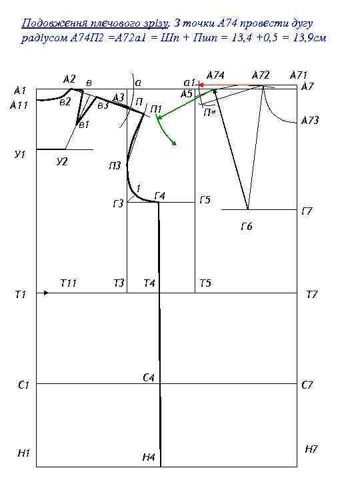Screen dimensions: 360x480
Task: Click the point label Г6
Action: click(247, 227)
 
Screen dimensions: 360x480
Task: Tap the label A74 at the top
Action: click(215, 75)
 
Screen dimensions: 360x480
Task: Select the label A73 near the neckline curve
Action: click(310, 120)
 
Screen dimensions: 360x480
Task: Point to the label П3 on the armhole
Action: click(115, 165)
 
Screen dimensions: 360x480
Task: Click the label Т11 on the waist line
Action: click(68, 283)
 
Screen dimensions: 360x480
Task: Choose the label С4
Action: click(149, 378)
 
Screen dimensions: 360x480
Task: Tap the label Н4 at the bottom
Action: click(149, 457)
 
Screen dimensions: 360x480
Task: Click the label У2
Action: click(62, 161)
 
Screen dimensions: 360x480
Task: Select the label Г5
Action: click(205, 200)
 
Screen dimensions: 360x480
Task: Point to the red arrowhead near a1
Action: click(201, 85)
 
